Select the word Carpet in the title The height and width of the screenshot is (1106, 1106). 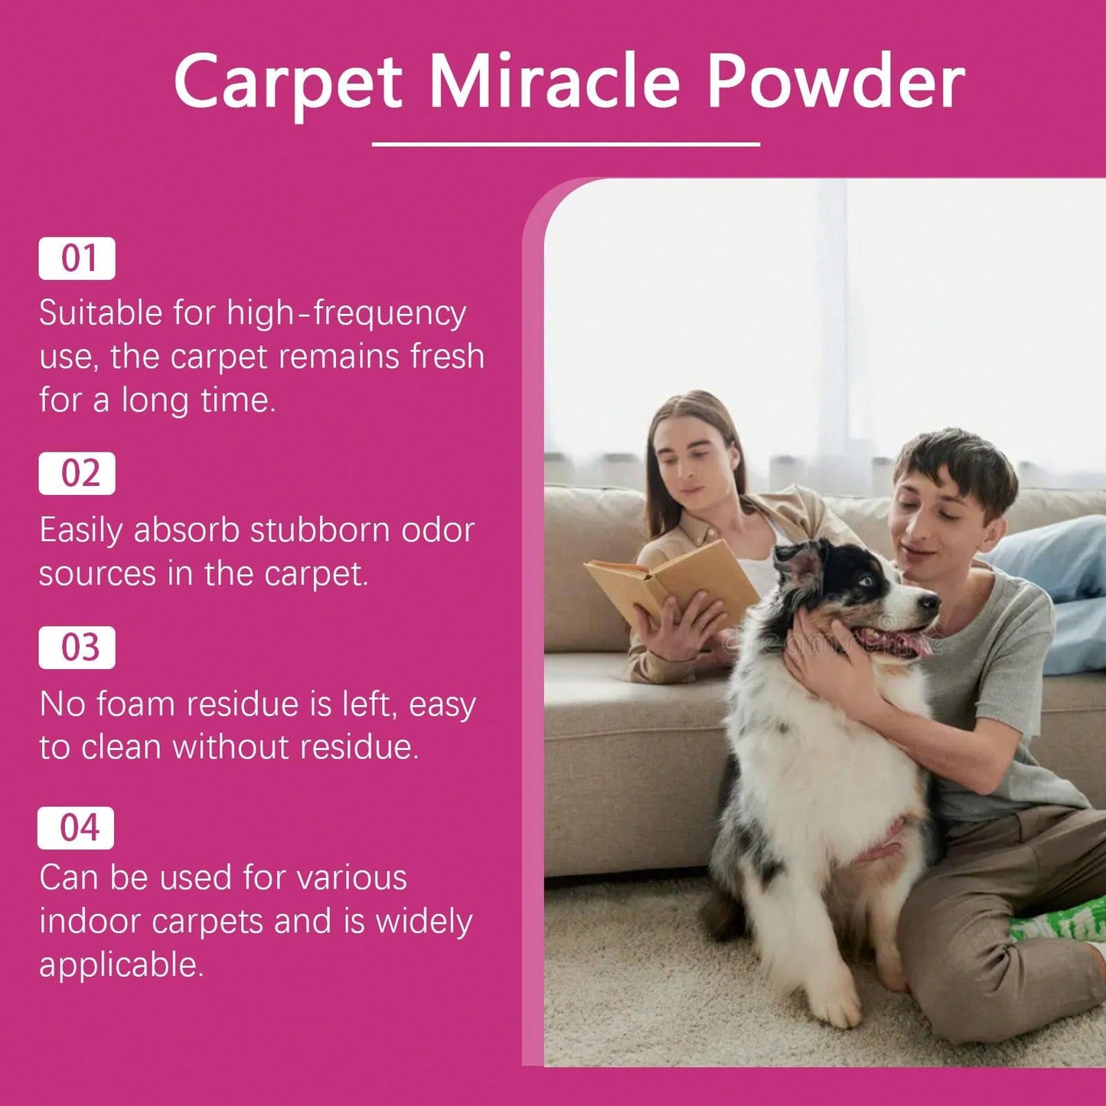pos(288,86)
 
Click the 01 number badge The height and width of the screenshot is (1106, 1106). pos(77,258)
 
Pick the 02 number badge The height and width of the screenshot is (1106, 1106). pos(77,474)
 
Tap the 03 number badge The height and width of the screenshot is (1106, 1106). pos(77,648)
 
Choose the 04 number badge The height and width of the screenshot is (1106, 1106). pos(76,828)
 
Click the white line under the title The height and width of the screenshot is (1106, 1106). pos(566,144)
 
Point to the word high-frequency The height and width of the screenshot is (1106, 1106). pos(346,315)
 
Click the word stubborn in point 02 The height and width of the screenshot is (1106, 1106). pos(319,530)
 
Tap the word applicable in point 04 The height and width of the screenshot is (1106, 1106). pos(122,967)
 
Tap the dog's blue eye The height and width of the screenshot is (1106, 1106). pos(867,582)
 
